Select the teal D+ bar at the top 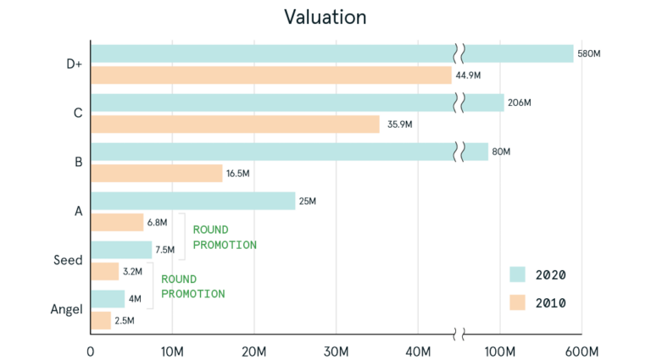[271, 53]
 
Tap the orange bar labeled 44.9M [270, 75]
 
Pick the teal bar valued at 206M [271, 102]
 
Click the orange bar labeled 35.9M [235, 125]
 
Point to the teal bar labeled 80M [271, 152]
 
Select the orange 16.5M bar [156, 174]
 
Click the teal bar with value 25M [192, 201]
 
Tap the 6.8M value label [157, 223]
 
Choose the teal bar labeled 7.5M [121, 250]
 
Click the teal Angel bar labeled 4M [108, 299]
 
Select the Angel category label [65, 310]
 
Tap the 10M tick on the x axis [172, 351]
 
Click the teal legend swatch [519, 274]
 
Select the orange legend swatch [519, 302]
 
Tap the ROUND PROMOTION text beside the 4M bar [192, 286]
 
